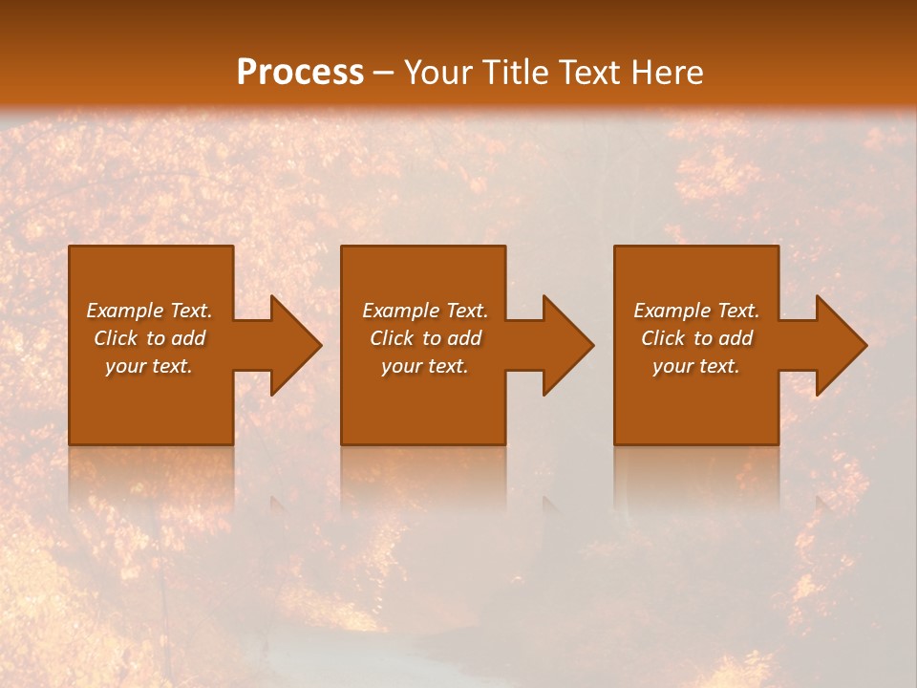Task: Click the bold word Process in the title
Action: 300,73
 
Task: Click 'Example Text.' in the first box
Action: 149,311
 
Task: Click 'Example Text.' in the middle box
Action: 425,311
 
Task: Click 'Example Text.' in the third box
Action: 696,311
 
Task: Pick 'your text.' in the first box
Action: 149,366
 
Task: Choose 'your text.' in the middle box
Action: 425,366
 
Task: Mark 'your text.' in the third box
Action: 696,366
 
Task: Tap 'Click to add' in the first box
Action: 149,338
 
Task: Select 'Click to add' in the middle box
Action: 425,338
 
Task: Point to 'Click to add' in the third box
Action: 696,338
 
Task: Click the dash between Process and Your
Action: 383,74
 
